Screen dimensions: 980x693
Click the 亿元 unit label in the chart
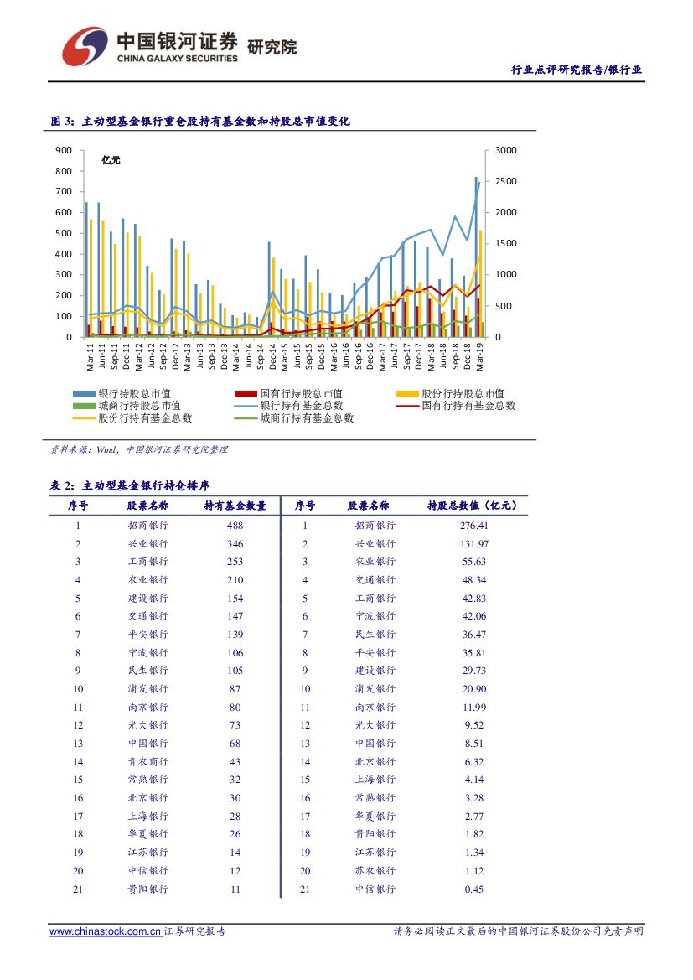click(111, 160)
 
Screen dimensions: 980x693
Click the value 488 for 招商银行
click(235, 526)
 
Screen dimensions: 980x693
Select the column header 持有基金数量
click(235, 506)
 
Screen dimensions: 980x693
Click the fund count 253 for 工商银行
click(235, 562)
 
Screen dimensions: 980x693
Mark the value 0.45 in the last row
click(473, 889)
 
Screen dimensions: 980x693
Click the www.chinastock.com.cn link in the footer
click(105, 931)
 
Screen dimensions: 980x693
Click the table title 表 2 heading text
click(130, 485)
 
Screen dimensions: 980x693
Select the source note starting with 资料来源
click(138, 449)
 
